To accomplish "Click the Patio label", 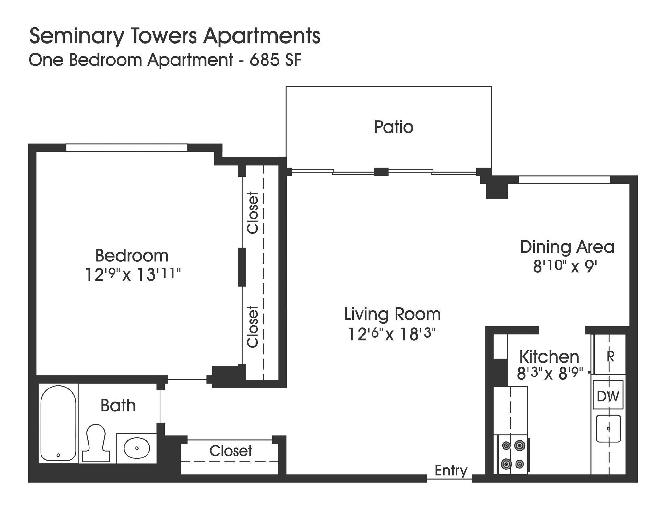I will pyautogui.click(x=394, y=127).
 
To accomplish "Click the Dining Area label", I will pyautogui.click(x=567, y=247).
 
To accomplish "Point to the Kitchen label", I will pyautogui.click(x=549, y=357).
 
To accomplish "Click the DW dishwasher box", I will pyautogui.click(x=608, y=396).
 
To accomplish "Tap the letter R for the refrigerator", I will pyautogui.click(x=610, y=356).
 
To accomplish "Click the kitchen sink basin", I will pyautogui.click(x=608, y=428).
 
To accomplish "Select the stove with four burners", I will pyautogui.click(x=513, y=455).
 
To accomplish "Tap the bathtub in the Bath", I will pyautogui.click(x=58, y=423).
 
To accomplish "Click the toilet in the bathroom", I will pyautogui.click(x=96, y=443).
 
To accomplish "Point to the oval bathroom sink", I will pyautogui.click(x=137, y=448).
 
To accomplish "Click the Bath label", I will pyautogui.click(x=118, y=406).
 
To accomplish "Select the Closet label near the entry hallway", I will pyautogui.click(x=231, y=451).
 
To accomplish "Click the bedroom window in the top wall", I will pyautogui.click(x=126, y=147).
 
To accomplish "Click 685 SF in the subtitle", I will pyautogui.click(x=275, y=60).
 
